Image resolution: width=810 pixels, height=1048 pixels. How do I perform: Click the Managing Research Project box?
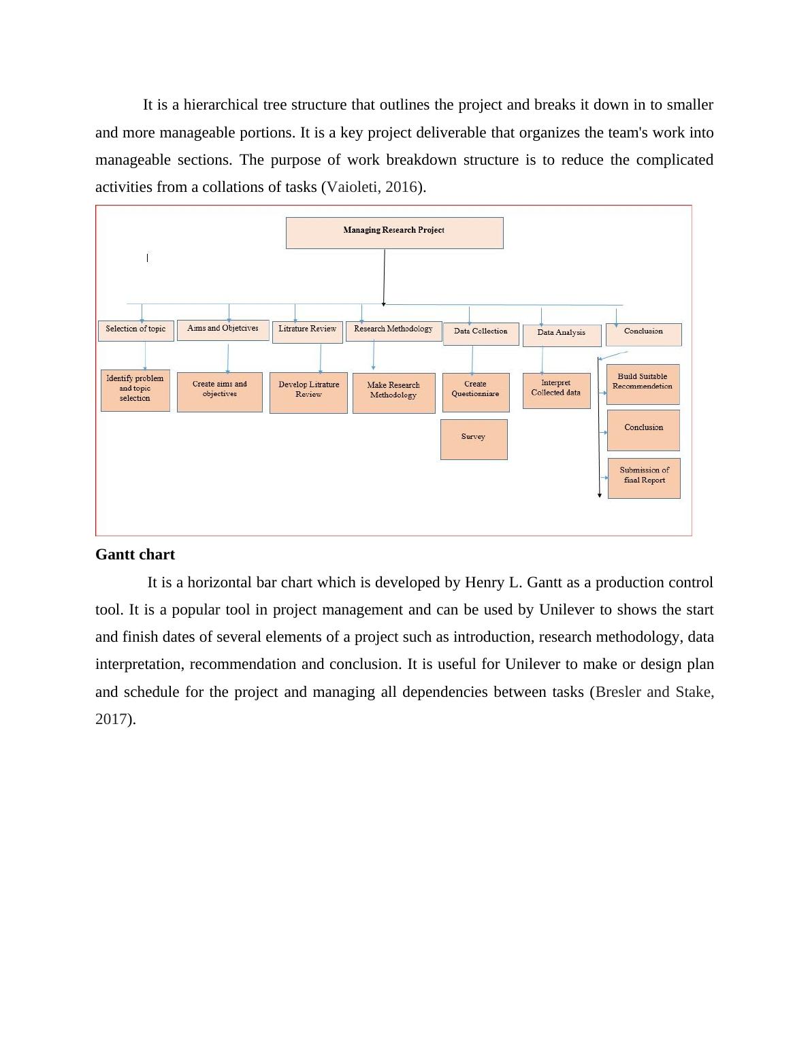click(x=394, y=233)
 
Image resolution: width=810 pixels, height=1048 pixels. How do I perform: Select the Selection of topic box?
click(x=136, y=331)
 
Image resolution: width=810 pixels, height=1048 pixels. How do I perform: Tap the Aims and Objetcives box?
click(x=223, y=330)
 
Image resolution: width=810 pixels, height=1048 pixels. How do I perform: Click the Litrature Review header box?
click(x=307, y=331)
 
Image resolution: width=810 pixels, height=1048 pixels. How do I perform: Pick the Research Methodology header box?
click(x=393, y=331)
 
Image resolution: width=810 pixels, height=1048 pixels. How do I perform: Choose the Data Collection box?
click(x=481, y=333)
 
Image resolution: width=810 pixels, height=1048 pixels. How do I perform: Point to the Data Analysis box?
click(x=562, y=335)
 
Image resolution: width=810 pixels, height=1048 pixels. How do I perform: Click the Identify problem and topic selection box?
click(x=135, y=391)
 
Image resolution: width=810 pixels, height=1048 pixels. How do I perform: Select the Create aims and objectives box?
click(x=219, y=391)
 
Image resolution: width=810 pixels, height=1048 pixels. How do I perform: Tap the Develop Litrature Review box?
click(x=308, y=392)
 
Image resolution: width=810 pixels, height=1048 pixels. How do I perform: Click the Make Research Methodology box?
click(x=393, y=393)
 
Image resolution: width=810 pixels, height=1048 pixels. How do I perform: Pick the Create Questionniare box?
click(x=475, y=392)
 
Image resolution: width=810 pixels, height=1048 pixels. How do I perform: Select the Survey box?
click(x=474, y=439)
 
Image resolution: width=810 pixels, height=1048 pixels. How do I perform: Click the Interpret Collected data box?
click(x=556, y=390)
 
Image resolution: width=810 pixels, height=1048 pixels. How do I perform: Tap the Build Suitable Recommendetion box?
click(x=643, y=384)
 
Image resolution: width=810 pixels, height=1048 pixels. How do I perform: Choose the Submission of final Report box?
click(x=644, y=478)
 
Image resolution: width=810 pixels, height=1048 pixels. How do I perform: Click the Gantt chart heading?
click(x=135, y=555)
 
